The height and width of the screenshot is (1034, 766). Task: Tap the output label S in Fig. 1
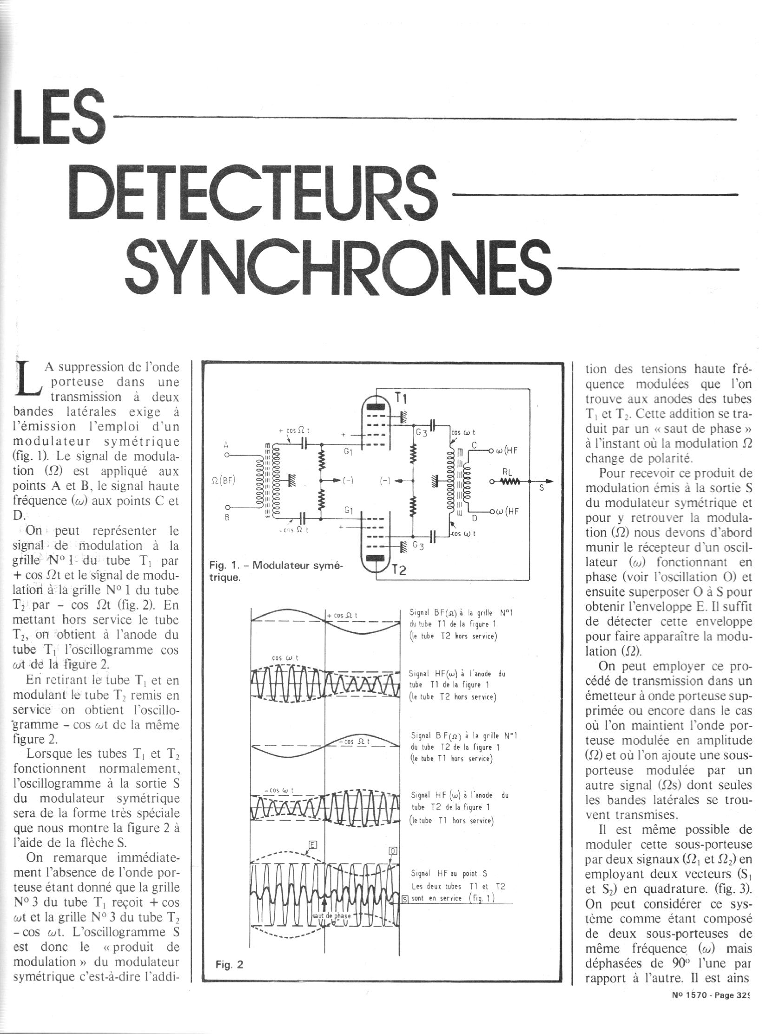click(541, 489)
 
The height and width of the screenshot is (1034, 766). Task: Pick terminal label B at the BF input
click(227, 517)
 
